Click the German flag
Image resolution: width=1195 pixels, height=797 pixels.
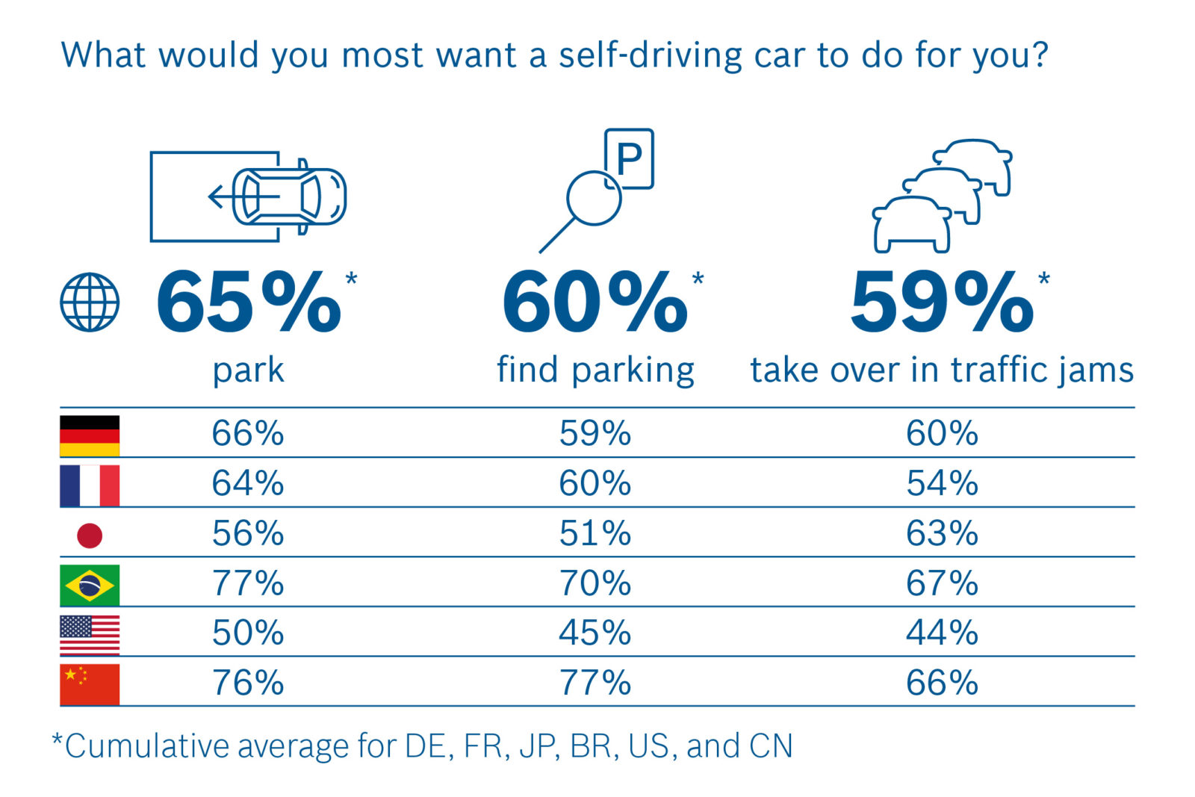click(90, 435)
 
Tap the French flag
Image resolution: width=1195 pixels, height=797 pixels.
click(90, 486)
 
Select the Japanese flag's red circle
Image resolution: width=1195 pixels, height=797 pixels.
click(90, 535)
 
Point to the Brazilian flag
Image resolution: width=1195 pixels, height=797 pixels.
click(90, 585)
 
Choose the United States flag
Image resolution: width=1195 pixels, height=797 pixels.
click(90, 635)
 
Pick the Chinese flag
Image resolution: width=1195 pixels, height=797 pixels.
click(90, 684)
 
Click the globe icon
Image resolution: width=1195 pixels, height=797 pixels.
click(90, 302)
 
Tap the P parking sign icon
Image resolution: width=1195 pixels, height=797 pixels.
click(630, 158)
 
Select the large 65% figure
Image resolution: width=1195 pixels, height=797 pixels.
click(248, 303)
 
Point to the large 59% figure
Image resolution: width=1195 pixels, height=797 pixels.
click(942, 303)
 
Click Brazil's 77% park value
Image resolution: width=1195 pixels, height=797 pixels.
click(248, 583)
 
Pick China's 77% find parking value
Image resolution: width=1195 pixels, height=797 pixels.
click(595, 683)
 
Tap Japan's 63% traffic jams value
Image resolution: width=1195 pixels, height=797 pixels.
click(942, 533)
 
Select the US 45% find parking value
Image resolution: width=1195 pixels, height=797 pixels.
click(595, 633)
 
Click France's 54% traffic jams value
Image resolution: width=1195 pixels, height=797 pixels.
click(942, 483)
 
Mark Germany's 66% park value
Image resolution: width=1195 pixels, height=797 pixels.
click(248, 433)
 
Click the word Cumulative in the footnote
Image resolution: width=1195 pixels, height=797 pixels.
click(146, 746)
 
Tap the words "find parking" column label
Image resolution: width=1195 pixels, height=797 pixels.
click(595, 370)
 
